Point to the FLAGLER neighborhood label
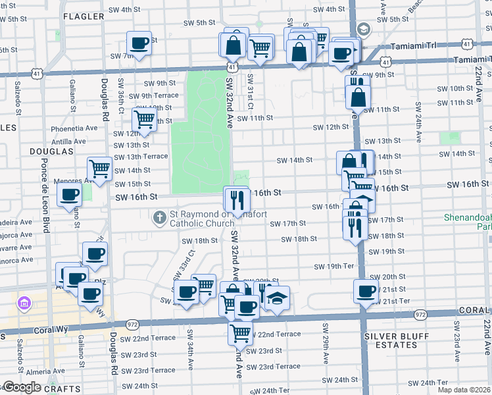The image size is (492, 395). [84, 16]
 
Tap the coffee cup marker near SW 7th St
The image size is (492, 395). [139, 43]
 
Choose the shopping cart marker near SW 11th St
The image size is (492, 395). [144, 119]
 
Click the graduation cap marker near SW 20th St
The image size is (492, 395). [278, 298]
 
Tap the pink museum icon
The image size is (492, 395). [24, 303]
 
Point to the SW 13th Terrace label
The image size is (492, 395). [141, 157]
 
